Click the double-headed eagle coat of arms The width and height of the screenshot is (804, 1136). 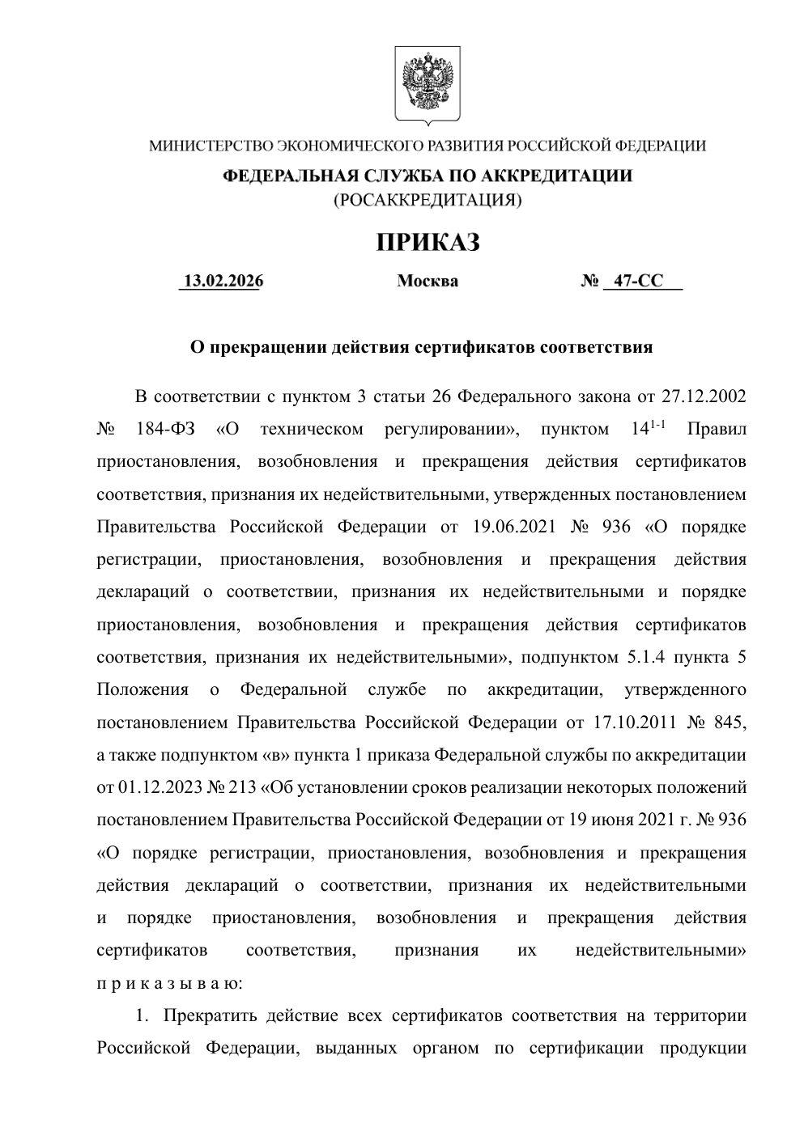click(428, 84)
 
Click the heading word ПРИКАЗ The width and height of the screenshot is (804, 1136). click(428, 242)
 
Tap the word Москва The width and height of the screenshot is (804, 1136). click(428, 282)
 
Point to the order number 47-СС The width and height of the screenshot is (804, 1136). click(638, 282)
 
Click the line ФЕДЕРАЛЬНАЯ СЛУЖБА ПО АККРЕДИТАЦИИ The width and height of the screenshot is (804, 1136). click(428, 176)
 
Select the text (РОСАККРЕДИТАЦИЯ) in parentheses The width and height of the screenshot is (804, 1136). click(428, 199)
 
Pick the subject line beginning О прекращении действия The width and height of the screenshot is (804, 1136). click(421, 348)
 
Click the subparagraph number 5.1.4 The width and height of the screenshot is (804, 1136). click(646, 658)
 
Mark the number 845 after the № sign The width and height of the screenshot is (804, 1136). click(728, 723)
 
